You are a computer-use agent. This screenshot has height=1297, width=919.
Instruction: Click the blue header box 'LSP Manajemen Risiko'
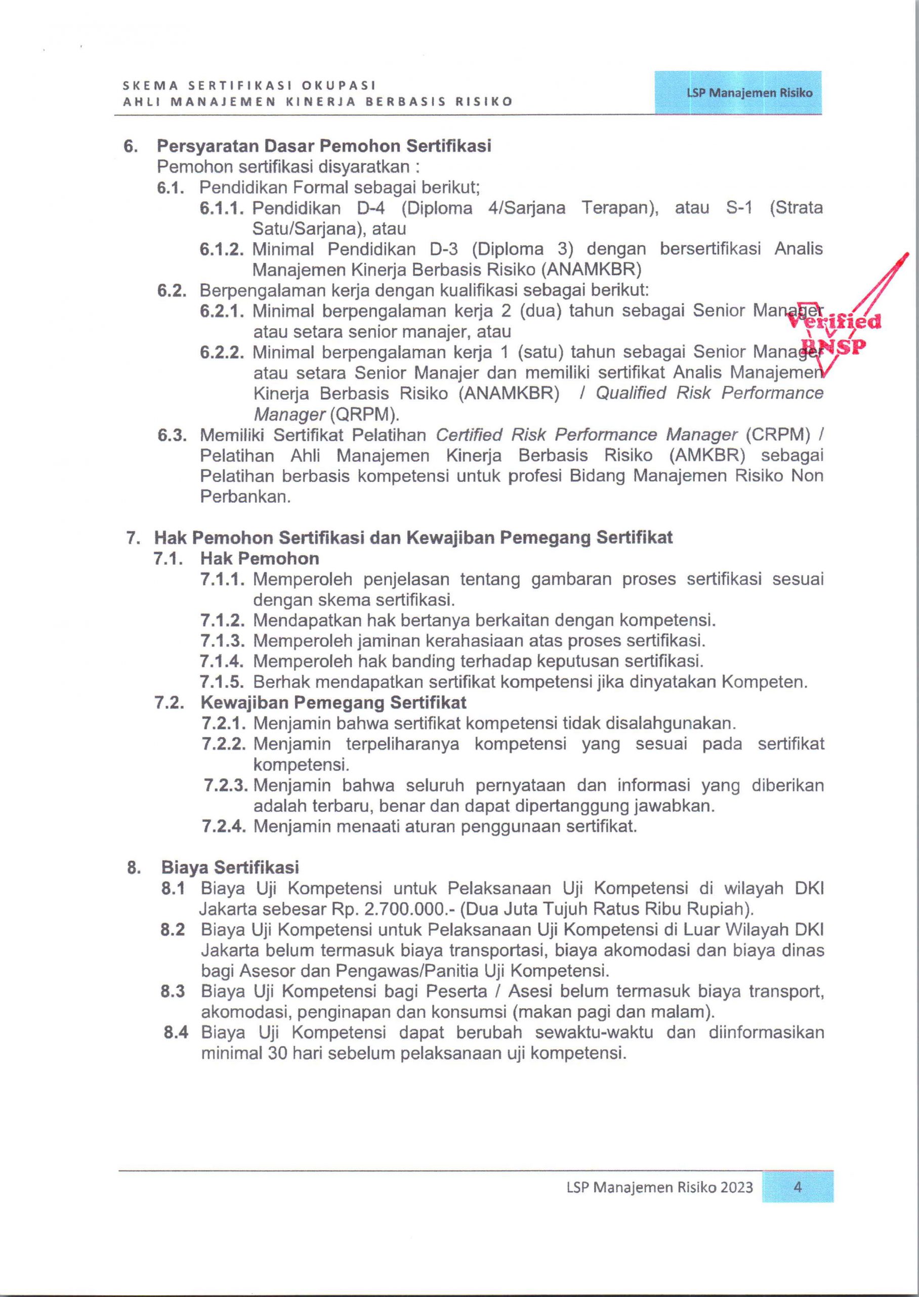point(738,93)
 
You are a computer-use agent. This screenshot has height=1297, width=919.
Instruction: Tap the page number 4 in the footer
point(798,1187)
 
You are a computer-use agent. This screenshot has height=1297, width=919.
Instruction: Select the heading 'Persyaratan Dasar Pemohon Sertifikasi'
point(324,146)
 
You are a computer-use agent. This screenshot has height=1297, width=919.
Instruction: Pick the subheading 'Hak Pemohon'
point(259,559)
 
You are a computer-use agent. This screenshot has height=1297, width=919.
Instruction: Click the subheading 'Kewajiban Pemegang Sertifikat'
point(333,703)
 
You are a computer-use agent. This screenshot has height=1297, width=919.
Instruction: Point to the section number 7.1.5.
point(222,682)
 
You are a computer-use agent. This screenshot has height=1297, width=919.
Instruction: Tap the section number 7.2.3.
point(225,786)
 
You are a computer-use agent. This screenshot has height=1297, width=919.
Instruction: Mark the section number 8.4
point(176,1033)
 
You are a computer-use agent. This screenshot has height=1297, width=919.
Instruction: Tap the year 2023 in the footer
point(736,1187)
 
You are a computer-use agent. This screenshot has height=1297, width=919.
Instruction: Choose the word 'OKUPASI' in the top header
point(339,86)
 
